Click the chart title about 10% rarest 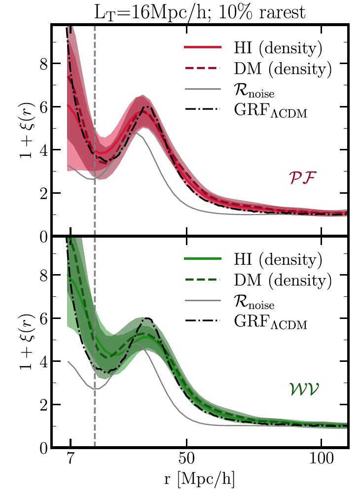(200, 11)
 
